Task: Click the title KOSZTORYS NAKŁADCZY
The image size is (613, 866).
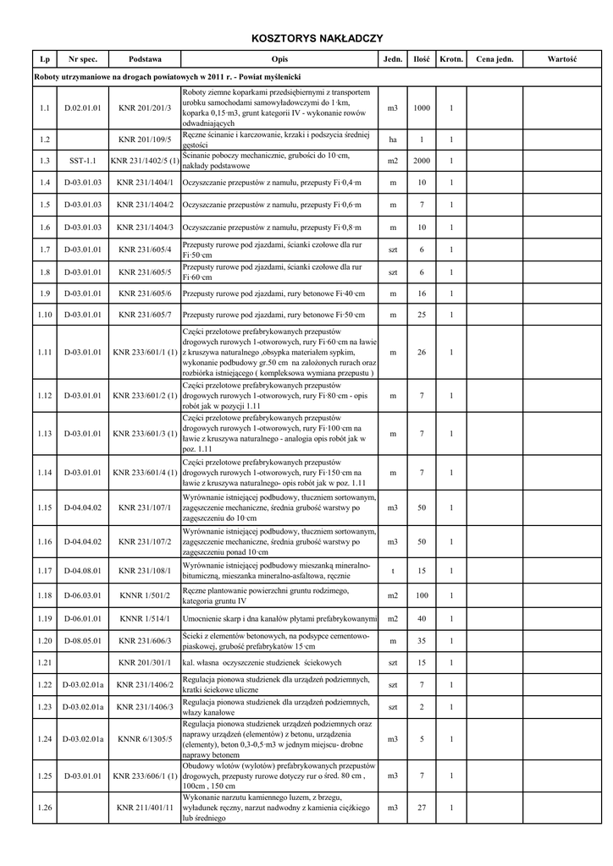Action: click(x=318, y=38)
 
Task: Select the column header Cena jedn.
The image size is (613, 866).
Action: click(x=494, y=60)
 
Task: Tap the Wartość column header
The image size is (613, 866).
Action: click(x=561, y=60)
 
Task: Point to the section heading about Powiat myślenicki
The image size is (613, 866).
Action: click(x=168, y=77)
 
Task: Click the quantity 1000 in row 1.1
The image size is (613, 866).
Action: click(x=422, y=108)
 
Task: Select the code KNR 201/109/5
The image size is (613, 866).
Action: click(x=145, y=140)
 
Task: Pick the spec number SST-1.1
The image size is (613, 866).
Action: click(x=83, y=161)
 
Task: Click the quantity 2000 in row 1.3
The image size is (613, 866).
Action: click(x=422, y=161)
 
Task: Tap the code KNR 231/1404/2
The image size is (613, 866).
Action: click(x=145, y=205)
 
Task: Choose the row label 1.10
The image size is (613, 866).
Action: click(x=45, y=315)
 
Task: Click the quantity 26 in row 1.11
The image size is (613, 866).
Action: click(x=422, y=352)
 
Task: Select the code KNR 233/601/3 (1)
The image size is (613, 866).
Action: click(x=145, y=435)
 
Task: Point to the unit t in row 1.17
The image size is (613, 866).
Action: click(x=393, y=571)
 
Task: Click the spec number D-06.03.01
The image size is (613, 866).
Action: click(x=83, y=596)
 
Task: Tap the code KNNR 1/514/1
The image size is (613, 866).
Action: click(x=145, y=619)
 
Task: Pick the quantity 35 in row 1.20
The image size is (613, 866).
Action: click(x=422, y=641)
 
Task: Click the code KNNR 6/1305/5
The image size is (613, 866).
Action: click(x=145, y=738)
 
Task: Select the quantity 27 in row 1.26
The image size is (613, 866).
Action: click(x=422, y=808)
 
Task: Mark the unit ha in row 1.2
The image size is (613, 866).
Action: click(x=393, y=140)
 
